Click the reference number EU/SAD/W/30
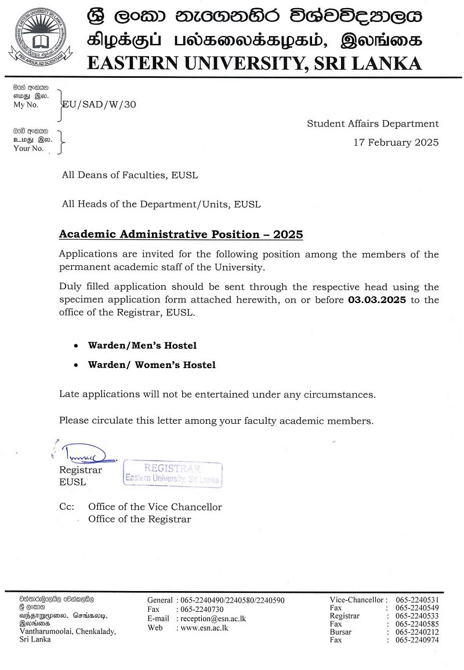tap(100, 105)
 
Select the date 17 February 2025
tap(396, 142)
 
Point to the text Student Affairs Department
tap(373, 124)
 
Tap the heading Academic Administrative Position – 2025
tap(181, 235)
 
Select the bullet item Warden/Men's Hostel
tap(142, 345)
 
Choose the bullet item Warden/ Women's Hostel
tap(151, 365)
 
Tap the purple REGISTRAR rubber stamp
tap(172, 474)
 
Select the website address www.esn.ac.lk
tap(204, 628)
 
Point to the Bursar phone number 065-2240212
tap(417, 632)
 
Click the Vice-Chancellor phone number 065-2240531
tap(417, 600)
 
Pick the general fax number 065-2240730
tap(202, 610)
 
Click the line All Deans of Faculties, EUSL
tap(133, 174)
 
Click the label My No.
tap(26, 105)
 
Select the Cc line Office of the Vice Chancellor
tap(155, 507)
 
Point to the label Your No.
tap(28, 148)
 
